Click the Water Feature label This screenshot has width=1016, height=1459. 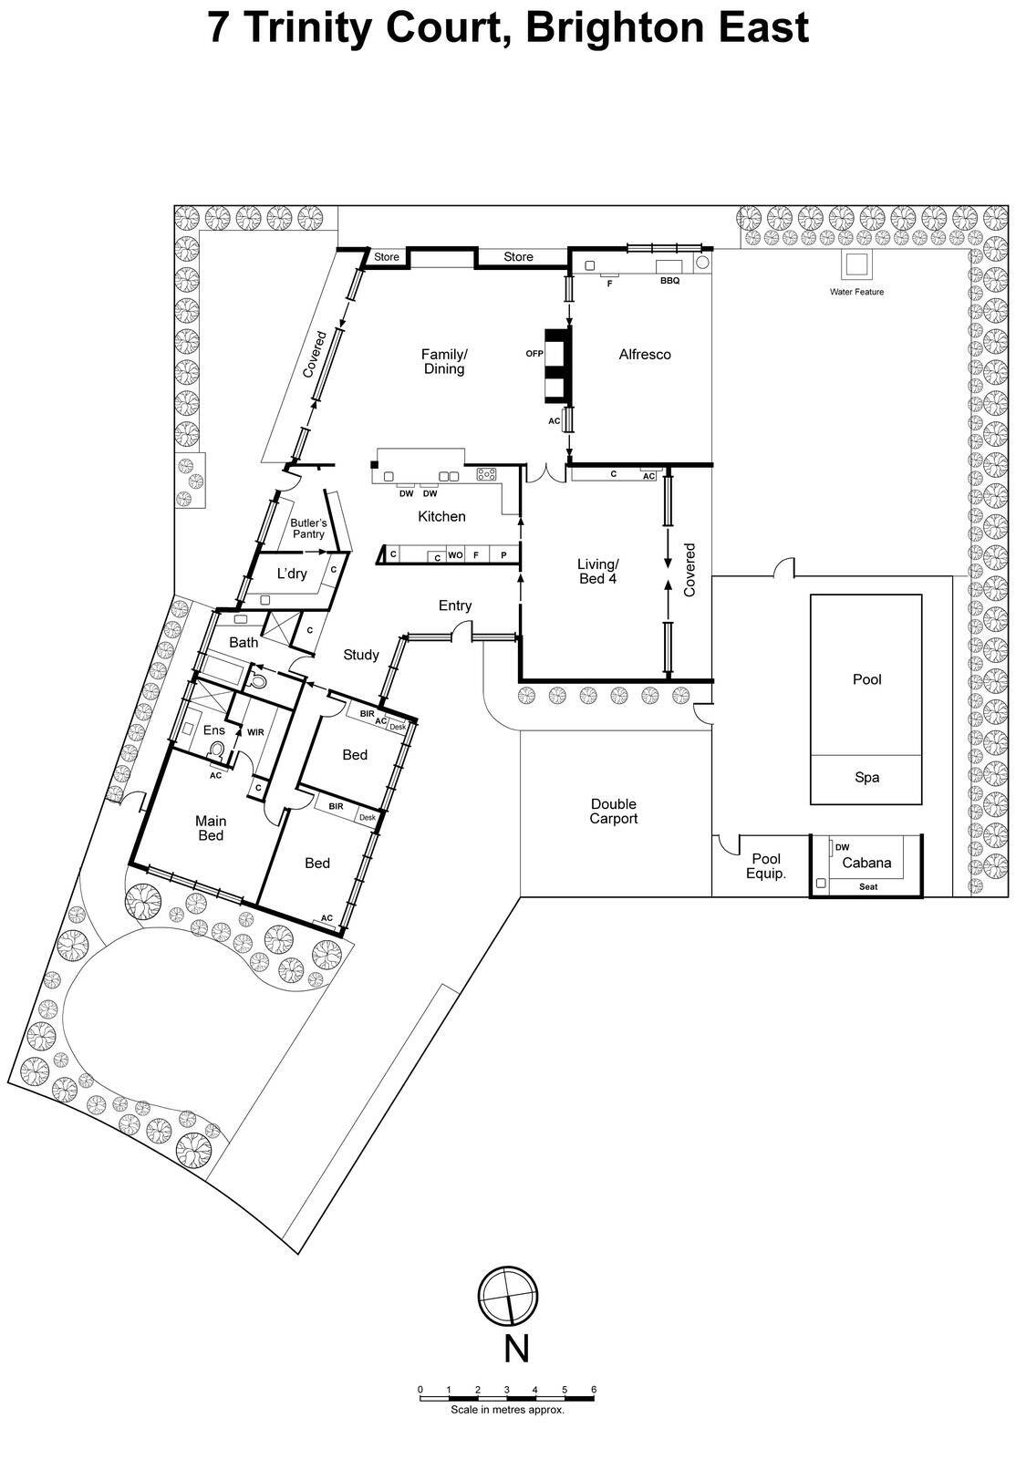point(855,292)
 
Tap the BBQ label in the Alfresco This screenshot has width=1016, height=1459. point(669,281)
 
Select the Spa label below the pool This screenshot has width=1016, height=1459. point(866,778)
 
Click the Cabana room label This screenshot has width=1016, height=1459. point(866,863)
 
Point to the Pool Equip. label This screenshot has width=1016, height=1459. point(766,865)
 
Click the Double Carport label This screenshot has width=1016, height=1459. point(613,811)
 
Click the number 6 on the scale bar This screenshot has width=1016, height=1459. point(594,1390)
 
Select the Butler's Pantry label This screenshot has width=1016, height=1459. point(308,528)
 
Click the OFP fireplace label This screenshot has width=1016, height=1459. point(534,354)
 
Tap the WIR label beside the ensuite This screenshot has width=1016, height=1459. point(255,731)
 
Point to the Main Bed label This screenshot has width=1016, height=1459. point(211,828)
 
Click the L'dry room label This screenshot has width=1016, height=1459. point(292,574)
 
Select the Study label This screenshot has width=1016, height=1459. point(361,654)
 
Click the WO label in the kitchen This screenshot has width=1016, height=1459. point(455,554)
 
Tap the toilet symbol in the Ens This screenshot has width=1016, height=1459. point(216,750)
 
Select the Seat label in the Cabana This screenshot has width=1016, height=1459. point(868,886)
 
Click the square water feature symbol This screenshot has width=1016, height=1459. point(855,265)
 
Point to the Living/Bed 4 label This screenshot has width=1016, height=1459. point(597,571)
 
